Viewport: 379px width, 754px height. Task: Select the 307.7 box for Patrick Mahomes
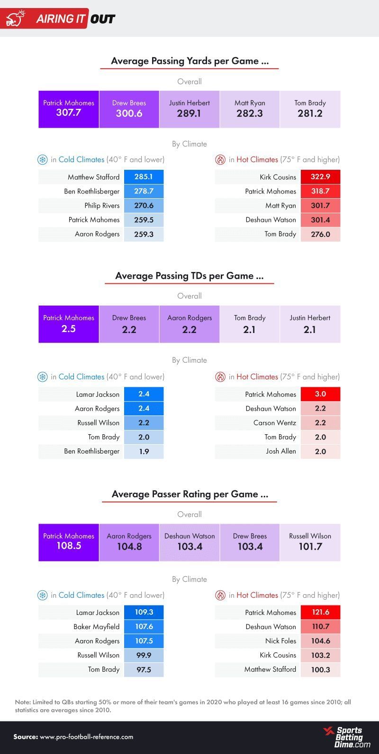(x=69, y=109)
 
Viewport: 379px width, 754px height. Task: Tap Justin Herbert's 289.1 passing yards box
(x=189, y=109)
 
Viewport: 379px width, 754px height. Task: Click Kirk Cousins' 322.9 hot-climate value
(x=320, y=177)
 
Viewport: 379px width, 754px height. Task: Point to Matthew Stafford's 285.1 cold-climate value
(x=144, y=177)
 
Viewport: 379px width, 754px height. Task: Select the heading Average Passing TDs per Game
(x=189, y=276)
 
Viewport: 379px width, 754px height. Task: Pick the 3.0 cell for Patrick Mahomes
(x=320, y=394)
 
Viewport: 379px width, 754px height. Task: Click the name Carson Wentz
(x=274, y=422)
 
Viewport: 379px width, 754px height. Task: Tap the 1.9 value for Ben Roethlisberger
(x=144, y=451)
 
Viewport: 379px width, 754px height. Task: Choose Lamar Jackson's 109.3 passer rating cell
(x=144, y=612)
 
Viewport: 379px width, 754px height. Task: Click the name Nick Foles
(x=280, y=641)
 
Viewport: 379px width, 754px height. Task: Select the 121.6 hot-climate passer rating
(x=320, y=612)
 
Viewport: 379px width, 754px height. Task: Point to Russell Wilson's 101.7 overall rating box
(x=310, y=543)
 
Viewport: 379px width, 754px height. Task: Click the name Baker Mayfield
(x=96, y=627)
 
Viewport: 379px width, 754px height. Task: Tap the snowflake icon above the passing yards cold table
(x=43, y=160)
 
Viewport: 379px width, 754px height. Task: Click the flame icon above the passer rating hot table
(x=220, y=596)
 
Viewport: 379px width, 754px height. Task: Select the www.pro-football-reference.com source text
(x=86, y=736)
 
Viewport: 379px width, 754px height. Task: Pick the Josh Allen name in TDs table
(x=280, y=451)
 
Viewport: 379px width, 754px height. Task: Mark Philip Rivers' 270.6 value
(x=144, y=205)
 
